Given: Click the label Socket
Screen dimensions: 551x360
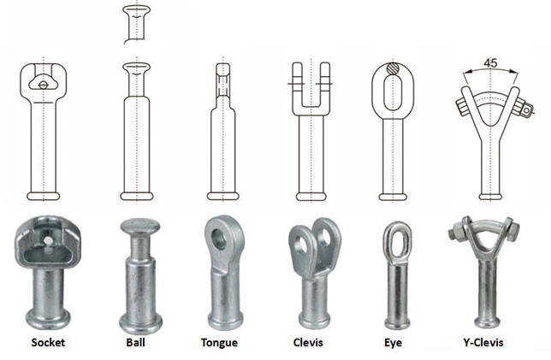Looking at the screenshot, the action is coord(48,342).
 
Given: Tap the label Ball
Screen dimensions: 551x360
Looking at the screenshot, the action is coord(136,342).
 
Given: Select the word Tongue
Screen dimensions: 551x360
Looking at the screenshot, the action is coord(219,343).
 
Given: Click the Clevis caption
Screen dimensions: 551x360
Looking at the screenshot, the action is coord(308,342).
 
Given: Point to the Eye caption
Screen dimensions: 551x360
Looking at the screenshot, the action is coord(393,343).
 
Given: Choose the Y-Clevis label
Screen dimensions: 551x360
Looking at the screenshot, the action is coord(483,342).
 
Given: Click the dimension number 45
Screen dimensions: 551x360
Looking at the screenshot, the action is coord(490,63).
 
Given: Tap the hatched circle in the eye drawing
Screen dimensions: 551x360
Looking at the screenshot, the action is coord(393,68).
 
